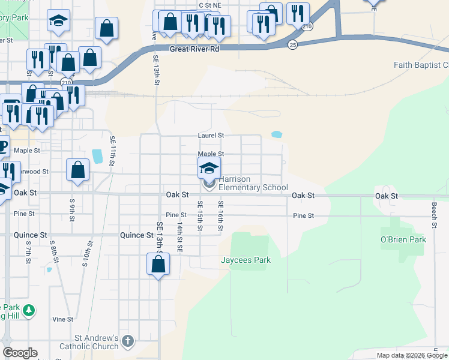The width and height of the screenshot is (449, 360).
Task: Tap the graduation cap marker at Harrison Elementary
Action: [x=209, y=167]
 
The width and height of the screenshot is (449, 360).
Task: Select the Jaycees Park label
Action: [x=246, y=260]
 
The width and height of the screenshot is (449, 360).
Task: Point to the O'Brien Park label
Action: [x=403, y=240]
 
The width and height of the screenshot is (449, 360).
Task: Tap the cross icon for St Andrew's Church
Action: [x=127, y=341]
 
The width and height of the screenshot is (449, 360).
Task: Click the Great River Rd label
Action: [x=194, y=50]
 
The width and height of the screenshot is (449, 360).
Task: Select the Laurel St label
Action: [x=211, y=136]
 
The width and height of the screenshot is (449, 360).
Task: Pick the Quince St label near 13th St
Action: [x=136, y=235]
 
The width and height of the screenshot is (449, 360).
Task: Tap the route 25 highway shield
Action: [x=292, y=45]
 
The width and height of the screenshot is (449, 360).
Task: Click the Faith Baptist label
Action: [x=421, y=65]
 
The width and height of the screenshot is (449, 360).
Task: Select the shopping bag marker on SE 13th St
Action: [x=158, y=264]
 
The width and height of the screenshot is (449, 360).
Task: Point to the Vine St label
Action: [x=62, y=319]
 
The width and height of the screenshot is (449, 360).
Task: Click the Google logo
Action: [x=20, y=353]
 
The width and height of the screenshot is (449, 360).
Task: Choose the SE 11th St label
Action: [x=112, y=149]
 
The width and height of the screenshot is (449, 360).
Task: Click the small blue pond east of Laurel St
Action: [x=277, y=134]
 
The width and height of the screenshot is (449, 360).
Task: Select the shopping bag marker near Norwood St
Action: [x=78, y=170]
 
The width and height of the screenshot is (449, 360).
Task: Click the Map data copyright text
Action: [x=412, y=355]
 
